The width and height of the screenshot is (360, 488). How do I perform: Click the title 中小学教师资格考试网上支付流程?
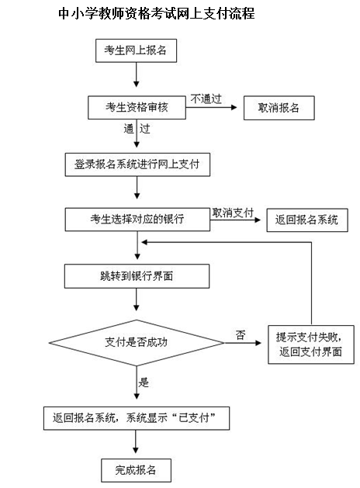click(x=156, y=14)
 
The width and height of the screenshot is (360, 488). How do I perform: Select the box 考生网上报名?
click(x=136, y=50)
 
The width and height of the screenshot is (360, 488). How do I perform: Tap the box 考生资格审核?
click(x=137, y=107)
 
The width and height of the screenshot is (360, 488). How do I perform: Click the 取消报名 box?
click(x=279, y=108)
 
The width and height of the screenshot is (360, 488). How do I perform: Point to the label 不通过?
click(x=206, y=99)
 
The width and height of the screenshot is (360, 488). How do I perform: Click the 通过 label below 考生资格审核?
click(x=137, y=128)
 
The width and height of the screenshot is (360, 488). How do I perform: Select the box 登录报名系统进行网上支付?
click(x=137, y=164)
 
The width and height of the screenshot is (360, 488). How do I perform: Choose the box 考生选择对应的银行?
click(x=137, y=220)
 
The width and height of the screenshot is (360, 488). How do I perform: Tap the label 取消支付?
click(x=233, y=213)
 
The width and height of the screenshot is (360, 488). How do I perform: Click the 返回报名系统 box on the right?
click(x=307, y=220)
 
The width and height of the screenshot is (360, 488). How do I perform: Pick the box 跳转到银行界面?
click(x=137, y=276)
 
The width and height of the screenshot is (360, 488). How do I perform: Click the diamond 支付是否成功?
click(x=137, y=343)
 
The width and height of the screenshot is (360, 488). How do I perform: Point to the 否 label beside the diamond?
click(x=241, y=335)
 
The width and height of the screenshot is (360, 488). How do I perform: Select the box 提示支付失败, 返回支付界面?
click(x=311, y=344)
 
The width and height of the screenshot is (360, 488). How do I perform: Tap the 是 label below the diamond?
click(x=144, y=382)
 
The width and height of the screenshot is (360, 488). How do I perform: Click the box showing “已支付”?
click(x=137, y=418)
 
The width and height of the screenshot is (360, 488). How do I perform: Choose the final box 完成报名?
click(x=137, y=470)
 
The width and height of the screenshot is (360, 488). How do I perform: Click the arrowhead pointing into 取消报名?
click(x=234, y=107)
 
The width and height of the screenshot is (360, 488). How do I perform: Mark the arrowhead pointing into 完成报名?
click(x=136, y=450)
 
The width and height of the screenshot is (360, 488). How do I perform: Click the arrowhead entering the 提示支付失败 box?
click(x=258, y=343)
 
